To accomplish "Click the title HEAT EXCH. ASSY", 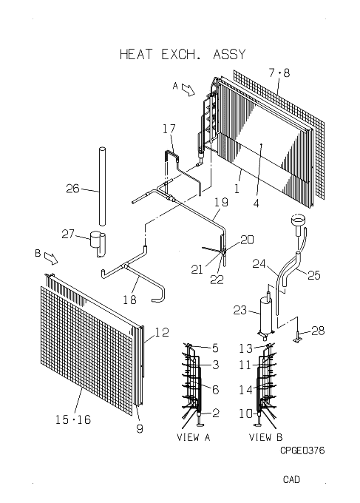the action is tap(183, 54).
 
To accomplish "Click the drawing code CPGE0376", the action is tap(302, 450).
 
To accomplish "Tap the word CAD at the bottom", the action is tap(291, 479).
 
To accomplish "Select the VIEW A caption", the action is tap(193, 437).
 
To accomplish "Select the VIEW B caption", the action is tap(266, 437).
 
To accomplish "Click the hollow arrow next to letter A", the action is tap(189, 90).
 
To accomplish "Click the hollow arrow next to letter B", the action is tap(51, 258).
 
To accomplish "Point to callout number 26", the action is tap(72, 189).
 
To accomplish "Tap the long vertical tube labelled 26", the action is tap(102, 186).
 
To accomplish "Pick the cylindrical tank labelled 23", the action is tap(265, 316).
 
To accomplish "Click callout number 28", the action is tap(318, 331).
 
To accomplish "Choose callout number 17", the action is tap(169, 129).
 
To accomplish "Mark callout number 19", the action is tap(221, 202).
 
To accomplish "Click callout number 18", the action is tap(129, 300).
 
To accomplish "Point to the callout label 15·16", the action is tap(73, 419).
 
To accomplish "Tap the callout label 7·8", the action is tap(279, 72).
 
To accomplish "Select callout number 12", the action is tap(162, 332).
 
